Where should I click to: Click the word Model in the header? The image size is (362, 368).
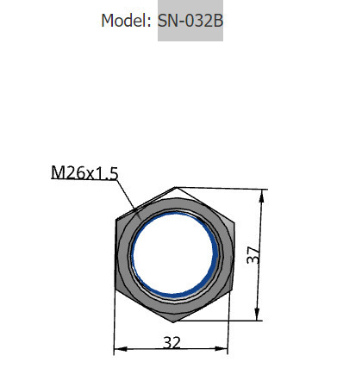pyautogui.click(x=125, y=20)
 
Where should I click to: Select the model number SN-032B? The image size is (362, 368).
pyautogui.click(x=190, y=20)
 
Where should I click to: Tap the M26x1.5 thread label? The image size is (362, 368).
pyautogui.click(x=84, y=172)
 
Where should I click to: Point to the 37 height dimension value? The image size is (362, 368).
pyautogui.click(x=253, y=256)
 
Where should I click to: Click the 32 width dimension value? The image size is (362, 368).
pyautogui.click(x=172, y=342)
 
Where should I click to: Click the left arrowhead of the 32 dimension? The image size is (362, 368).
pyautogui.click(x=119, y=349)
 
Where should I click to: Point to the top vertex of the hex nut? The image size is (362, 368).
pyautogui.click(x=175, y=187)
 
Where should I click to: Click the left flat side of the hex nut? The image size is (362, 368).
pyautogui.click(x=116, y=254)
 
